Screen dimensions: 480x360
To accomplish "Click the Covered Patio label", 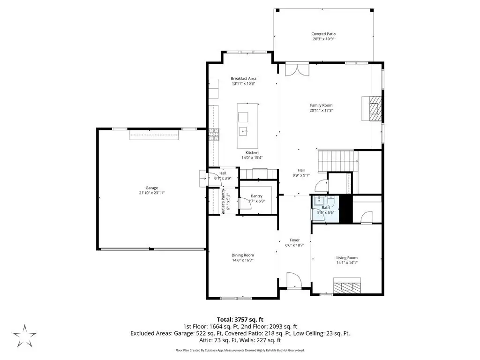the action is click(323, 34).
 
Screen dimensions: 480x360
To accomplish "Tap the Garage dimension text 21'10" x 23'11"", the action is click(152, 193).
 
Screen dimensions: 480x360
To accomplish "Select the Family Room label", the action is click(321, 105).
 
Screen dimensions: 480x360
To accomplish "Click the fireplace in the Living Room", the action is click(347, 285).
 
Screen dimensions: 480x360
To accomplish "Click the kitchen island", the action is click(247, 126).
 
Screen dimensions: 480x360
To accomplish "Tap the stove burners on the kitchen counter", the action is click(214, 135).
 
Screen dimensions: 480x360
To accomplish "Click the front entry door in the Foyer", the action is click(294, 281).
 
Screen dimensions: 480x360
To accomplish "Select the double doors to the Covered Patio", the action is click(297, 69).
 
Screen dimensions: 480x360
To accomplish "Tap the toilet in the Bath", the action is click(331, 202).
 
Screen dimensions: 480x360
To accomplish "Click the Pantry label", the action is click(256, 196).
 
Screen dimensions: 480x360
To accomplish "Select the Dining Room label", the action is click(243, 255).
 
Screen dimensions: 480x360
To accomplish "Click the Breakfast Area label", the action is click(243, 79).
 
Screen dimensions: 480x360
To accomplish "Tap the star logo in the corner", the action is click(25, 336).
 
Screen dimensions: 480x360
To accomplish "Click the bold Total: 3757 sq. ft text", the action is click(240, 320).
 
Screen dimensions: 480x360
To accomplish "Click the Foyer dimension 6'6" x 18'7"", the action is click(294, 245).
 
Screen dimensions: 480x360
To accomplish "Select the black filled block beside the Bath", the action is click(346, 209).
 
